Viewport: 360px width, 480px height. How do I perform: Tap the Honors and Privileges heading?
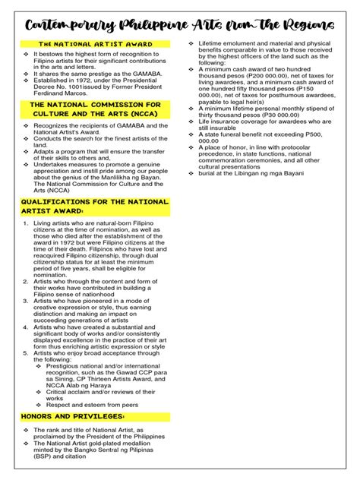(x=71, y=417)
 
